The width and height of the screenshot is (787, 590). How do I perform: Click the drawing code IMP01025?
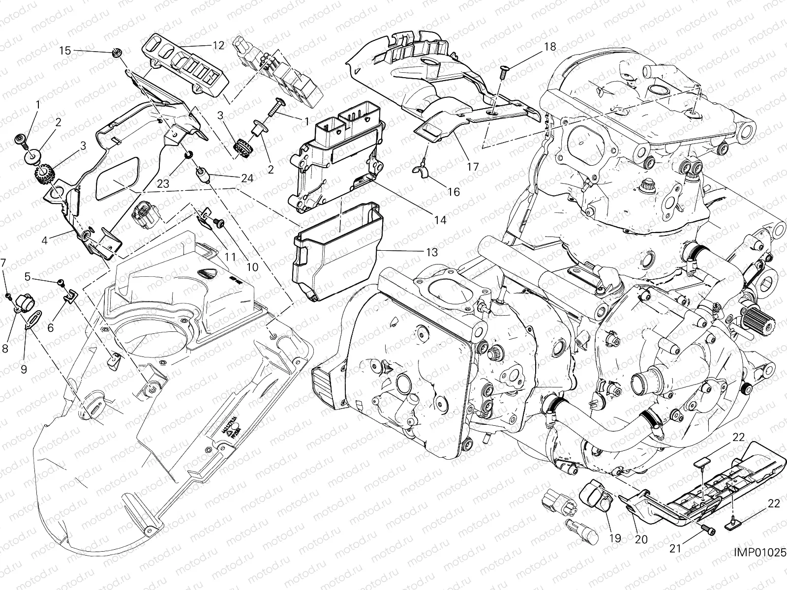(x=759, y=552)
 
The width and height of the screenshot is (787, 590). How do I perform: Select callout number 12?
(x=218, y=45)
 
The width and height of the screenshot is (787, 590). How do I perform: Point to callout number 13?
(x=431, y=253)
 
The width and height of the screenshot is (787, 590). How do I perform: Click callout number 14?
(x=440, y=220)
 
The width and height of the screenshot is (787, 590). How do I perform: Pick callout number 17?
(x=472, y=167)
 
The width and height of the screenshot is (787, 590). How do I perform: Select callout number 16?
(x=454, y=191)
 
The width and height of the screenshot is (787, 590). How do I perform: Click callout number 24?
(x=247, y=178)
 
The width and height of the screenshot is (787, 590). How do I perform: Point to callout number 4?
(x=45, y=241)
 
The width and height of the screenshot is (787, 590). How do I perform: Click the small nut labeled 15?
(x=117, y=53)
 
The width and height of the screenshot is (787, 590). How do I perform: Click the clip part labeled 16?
(x=421, y=170)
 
